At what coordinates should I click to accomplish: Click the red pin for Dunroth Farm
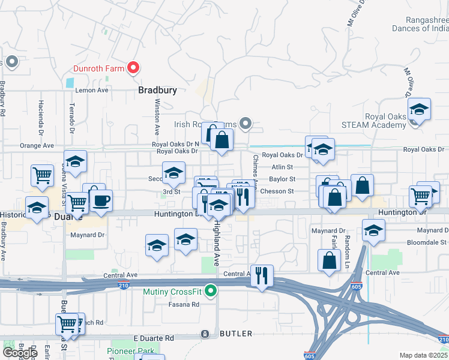[x=134, y=68]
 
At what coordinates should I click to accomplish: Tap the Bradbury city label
[x=157, y=91]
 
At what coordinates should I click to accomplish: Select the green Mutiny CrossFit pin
[x=210, y=292]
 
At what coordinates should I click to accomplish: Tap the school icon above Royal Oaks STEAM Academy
[x=419, y=110]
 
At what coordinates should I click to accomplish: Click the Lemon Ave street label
[x=91, y=90]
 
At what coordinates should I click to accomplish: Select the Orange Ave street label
[x=37, y=145]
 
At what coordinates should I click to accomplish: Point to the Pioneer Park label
[x=130, y=351]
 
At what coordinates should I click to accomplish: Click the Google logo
[x=20, y=353]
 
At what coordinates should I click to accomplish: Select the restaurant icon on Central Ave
[x=262, y=276]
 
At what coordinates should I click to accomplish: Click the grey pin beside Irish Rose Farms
[x=245, y=124]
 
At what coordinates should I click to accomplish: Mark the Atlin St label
[x=282, y=167]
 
